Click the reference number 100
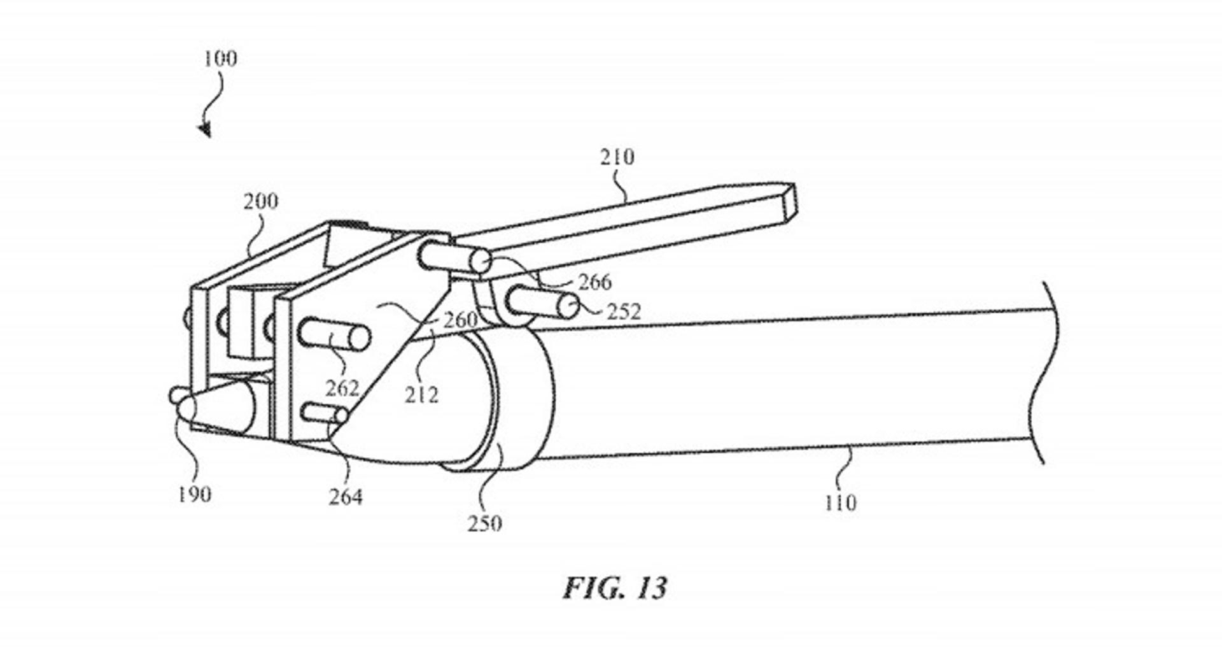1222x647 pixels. (220, 59)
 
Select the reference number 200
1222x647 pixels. (261, 201)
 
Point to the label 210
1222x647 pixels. (617, 157)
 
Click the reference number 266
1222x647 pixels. (594, 281)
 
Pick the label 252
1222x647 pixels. (623, 311)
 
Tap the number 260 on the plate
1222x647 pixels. (460, 320)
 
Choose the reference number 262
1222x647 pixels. (342, 388)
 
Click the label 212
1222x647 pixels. (421, 395)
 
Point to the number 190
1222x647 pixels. (194, 494)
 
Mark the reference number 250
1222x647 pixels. (485, 524)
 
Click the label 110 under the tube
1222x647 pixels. (840, 503)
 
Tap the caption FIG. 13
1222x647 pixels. (615, 588)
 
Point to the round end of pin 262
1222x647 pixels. (359, 338)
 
